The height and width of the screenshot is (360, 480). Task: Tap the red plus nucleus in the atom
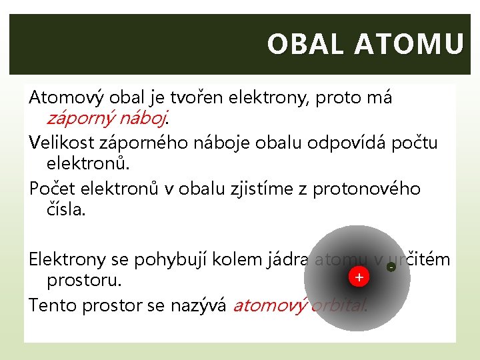click(359, 277)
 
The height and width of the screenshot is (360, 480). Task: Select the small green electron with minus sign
click(391, 267)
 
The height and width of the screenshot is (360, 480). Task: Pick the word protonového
click(373, 189)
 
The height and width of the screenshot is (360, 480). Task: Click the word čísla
click(66, 211)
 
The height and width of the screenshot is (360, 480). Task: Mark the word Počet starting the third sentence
click(51, 189)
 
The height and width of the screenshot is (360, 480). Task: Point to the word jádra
click(285, 259)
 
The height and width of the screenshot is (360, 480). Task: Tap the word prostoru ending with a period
click(84, 281)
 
